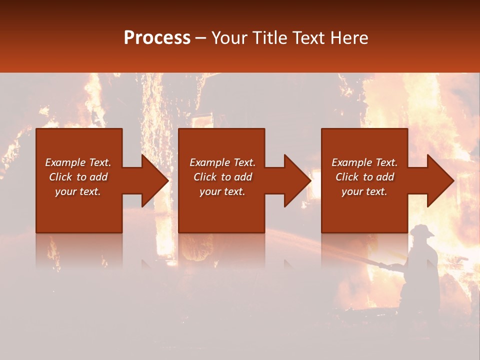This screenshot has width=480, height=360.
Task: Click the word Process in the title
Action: [157, 38]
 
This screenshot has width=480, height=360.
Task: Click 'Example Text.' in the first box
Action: [78, 162]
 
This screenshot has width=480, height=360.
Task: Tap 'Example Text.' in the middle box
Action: [222, 162]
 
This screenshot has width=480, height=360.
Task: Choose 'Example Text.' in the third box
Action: [364, 162]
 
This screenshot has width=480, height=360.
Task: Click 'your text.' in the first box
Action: [78, 191]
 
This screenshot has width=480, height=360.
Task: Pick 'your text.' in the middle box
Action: [222, 191]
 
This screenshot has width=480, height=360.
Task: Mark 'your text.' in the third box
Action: [364, 191]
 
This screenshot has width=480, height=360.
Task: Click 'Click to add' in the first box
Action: [78, 177]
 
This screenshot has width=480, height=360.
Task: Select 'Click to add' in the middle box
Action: [222, 177]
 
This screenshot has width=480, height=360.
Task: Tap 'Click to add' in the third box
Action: [364, 177]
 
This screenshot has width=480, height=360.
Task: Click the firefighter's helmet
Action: [422, 230]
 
